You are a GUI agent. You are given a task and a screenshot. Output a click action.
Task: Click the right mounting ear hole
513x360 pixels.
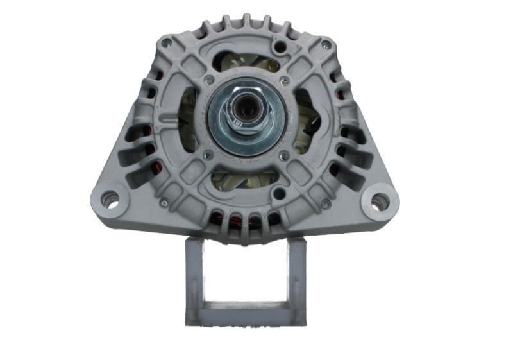click(379, 201)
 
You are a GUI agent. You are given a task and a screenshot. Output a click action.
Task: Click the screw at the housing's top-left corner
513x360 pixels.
click(166, 43)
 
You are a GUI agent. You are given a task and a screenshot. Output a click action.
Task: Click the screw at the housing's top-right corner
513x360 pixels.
click(326, 44)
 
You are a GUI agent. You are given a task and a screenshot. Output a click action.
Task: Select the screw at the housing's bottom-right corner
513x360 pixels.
click(326, 205)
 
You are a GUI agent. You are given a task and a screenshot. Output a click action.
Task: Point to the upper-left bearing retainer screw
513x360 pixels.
click(208, 81)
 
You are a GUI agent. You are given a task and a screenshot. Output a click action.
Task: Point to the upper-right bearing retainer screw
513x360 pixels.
click(284, 81)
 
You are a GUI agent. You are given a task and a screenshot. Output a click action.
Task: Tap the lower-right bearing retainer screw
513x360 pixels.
click(283, 156)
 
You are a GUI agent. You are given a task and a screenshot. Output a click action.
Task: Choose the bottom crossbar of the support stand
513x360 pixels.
click(246, 314)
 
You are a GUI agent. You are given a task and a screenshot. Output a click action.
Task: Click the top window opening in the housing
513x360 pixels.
click(246, 61)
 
